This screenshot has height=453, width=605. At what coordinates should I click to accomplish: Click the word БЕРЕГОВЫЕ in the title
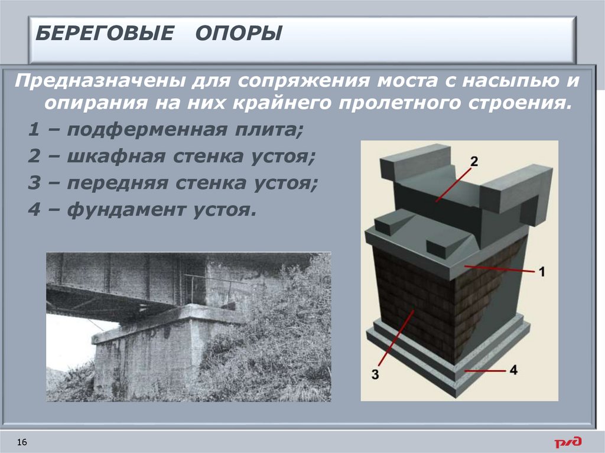[103, 33]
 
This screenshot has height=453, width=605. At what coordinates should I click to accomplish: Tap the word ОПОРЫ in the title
[239, 33]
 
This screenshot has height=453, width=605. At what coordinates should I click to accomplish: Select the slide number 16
[23, 442]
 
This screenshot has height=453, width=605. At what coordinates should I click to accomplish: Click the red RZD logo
[567, 442]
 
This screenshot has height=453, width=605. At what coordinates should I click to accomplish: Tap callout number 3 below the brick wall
[376, 374]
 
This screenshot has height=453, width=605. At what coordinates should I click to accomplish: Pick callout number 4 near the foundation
[512, 370]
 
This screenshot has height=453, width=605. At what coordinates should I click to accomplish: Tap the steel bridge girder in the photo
[112, 283]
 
